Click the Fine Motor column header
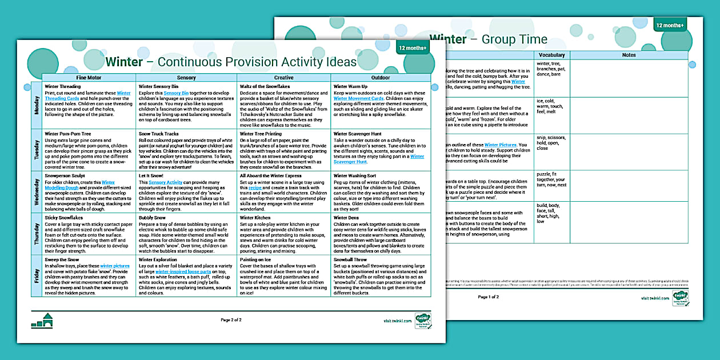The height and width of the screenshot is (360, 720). coord(89,77)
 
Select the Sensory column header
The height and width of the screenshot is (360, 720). coord(186,77)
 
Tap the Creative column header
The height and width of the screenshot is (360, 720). coord(283,77)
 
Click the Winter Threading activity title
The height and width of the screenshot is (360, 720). coord(62,86)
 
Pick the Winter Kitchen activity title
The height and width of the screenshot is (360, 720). coord(255,218)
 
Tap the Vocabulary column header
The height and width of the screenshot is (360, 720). coord(552,55)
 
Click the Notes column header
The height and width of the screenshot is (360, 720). coord(629,55)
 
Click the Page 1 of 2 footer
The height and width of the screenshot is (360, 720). coord(488,297)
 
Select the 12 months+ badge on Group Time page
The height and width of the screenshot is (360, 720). coord(670,25)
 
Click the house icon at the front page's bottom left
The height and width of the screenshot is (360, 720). coord(42,321)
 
